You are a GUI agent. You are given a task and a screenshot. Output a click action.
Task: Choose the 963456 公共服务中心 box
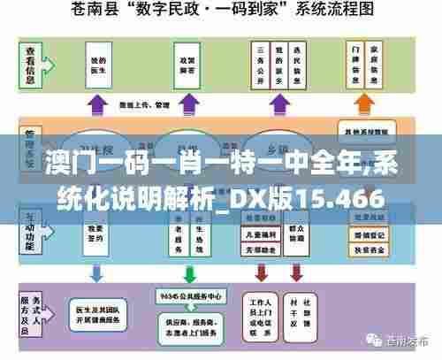189,295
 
